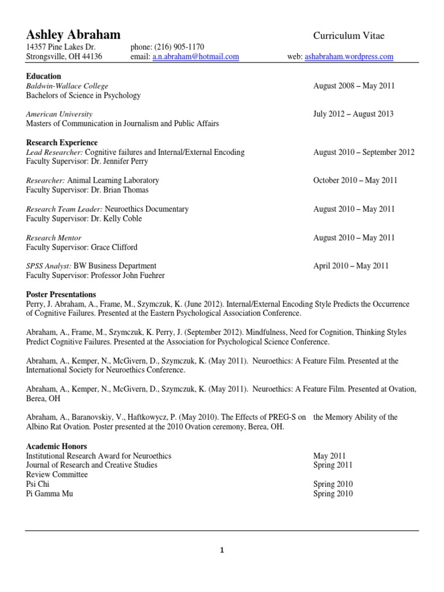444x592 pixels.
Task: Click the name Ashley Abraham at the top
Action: tap(73, 34)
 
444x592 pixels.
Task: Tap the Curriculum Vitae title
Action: tap(349, 36)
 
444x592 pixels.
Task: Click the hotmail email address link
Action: tap(195, 57)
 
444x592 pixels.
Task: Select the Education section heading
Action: tap(43, 76)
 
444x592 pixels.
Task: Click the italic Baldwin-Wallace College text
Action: tap(67, 86)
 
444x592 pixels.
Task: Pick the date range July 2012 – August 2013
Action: tap(353, 114)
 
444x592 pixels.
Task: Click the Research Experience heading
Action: tap(62, 143)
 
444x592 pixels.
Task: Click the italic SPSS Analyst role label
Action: tap(49, 266)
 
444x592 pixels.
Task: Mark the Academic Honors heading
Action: tap(57, 446)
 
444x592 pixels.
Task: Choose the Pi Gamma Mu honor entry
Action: tap(50, 494)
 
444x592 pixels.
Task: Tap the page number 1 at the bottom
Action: tap(221, 550)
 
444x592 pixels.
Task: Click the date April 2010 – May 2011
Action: tap(351, 266)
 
